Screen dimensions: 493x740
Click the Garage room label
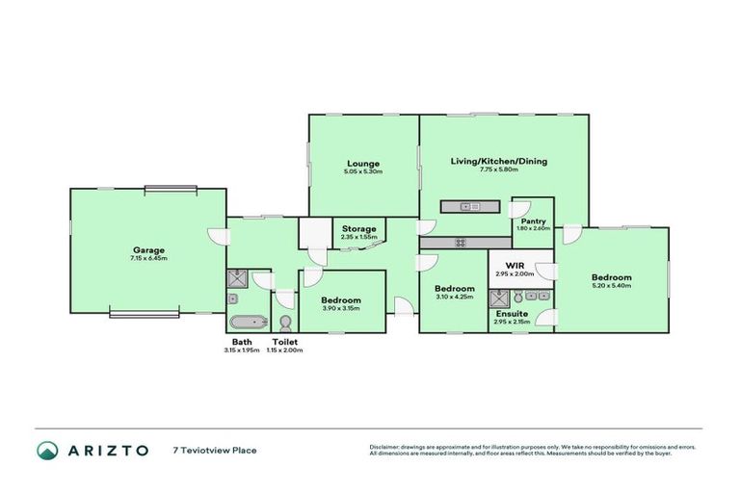pos(148,249)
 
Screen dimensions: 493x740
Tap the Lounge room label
pos(364,163)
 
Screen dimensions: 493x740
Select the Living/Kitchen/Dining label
pos(498,161)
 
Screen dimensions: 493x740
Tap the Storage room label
pos(357,228)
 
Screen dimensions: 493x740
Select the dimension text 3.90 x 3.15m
pos(341,308)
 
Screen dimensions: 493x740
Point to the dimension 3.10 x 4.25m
pos(454,297)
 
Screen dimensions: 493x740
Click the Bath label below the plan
pos(242,342)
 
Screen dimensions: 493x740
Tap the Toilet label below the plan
pos(285,342)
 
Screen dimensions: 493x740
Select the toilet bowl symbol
pos(284,321)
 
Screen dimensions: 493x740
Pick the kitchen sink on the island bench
pos(469,206)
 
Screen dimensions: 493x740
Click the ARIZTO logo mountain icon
pos(47,450)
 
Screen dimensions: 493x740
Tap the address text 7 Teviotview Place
pos(215,450)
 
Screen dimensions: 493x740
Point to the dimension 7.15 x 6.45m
pos(148,258)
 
